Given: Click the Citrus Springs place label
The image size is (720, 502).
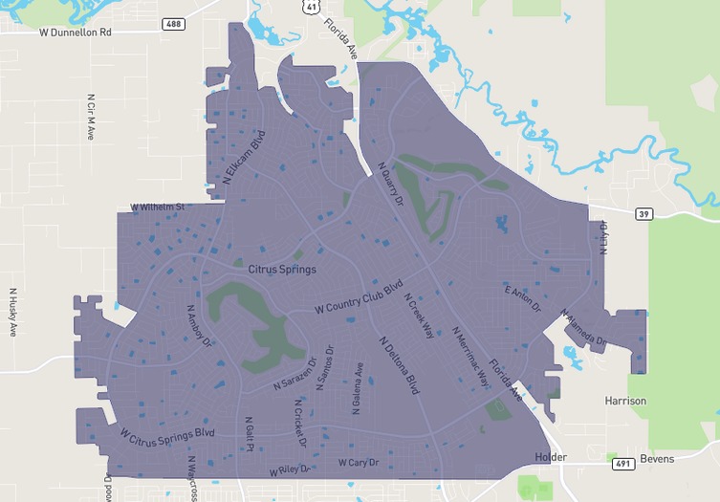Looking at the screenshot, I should (282, 270).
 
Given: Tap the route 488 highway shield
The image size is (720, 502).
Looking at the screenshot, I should (173, 23).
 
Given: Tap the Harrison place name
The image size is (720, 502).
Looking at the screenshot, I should (625, 401).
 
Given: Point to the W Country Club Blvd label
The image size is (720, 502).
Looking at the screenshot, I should (358, 298).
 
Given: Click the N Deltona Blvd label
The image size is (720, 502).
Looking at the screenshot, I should (399, 365).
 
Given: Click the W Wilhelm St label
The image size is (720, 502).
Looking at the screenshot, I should (157, 207).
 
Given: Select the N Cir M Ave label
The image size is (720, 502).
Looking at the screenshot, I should (91, 117).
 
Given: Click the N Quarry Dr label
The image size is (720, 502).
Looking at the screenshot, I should (390, 186).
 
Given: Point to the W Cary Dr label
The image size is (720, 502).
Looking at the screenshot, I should (359, 464).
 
